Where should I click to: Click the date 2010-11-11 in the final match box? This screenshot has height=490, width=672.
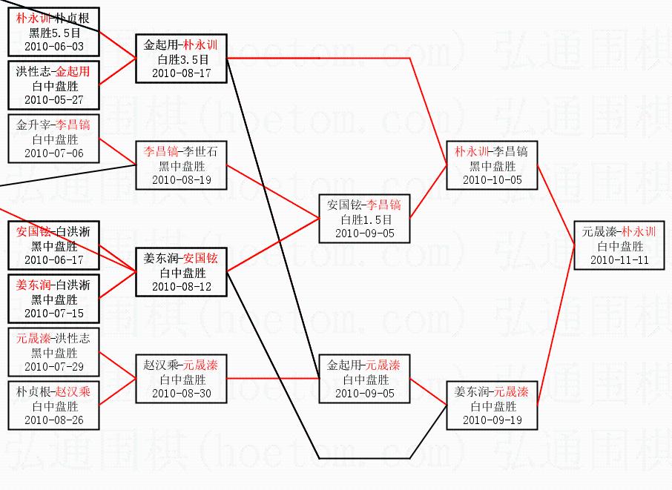[619, 260]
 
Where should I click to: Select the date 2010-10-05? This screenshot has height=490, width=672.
[492, 180]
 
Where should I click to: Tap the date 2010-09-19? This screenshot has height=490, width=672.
[492, 420]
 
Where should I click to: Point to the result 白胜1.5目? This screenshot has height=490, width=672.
[364, 219]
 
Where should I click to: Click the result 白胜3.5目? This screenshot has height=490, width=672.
[182, 59]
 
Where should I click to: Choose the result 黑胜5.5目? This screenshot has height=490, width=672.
[54, 33]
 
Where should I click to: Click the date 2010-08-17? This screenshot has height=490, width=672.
[182, 73]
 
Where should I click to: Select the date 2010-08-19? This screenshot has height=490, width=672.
[182, 180]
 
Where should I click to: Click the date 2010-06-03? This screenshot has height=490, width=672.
[54, 47]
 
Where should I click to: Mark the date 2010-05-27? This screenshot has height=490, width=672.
[54, 100]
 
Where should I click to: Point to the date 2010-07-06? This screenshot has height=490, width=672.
[54, 153]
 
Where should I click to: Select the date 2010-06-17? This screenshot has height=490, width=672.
[54, 260]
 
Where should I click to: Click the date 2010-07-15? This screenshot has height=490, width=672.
[54, 314]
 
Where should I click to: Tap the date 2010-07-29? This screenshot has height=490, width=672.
[54, 367]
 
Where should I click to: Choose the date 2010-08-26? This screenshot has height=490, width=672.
[54, 420]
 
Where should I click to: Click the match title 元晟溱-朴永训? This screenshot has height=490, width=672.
[619, 232]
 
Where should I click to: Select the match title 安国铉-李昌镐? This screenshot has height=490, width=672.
[364, 205]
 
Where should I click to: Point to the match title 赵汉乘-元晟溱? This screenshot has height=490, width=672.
[182, 365]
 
